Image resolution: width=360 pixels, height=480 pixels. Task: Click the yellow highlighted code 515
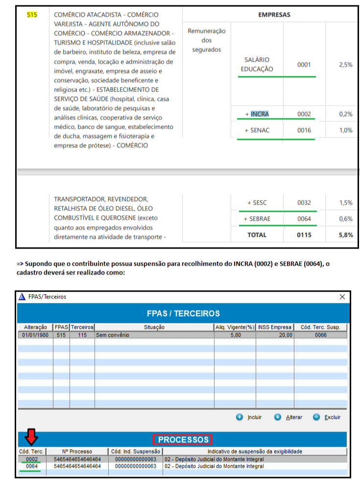32,14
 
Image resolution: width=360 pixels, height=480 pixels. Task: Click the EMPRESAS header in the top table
274,15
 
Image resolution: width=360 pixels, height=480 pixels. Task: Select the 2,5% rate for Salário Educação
346,65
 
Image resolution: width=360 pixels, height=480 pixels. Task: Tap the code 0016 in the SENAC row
304,130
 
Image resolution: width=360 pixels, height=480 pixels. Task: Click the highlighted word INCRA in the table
260,114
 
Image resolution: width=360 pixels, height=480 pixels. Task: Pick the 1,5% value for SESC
346,203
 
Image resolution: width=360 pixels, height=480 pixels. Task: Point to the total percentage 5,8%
345,235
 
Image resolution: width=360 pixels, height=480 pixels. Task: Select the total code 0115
304,235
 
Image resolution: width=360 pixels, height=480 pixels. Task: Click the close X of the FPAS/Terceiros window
342,297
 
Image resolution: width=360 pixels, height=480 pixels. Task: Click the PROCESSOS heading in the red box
182,439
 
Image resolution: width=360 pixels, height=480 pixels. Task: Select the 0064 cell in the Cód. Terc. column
32,466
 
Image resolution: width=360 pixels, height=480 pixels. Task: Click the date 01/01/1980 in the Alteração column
35,335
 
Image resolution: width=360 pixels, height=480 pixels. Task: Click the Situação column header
154,327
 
